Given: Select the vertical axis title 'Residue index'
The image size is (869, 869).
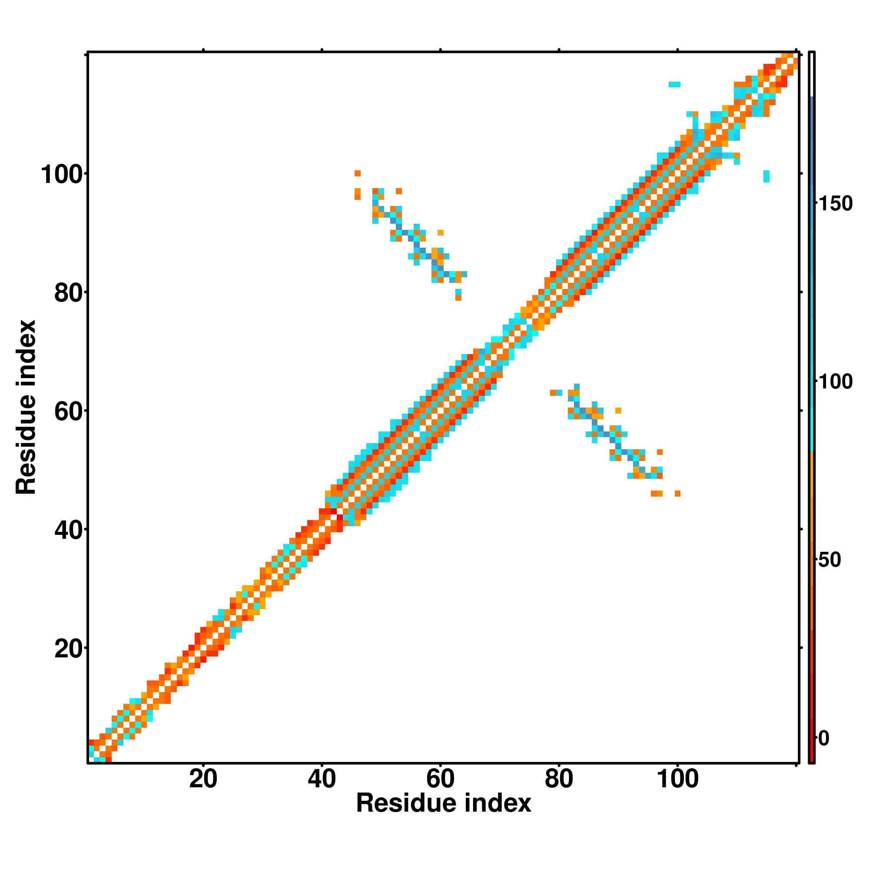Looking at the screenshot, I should click(26, 407).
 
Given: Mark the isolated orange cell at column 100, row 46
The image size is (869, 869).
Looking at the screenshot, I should click(677, 494).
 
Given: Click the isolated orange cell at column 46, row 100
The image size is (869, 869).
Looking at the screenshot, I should click(358, 173).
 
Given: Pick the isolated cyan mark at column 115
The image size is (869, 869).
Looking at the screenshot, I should click(766, 176).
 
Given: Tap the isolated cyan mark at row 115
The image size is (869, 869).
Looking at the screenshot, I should click(674, 85).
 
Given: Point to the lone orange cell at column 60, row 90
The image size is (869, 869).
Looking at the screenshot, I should click(440, 232).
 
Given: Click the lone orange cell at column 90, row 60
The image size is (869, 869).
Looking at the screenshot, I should click(618, 411).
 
